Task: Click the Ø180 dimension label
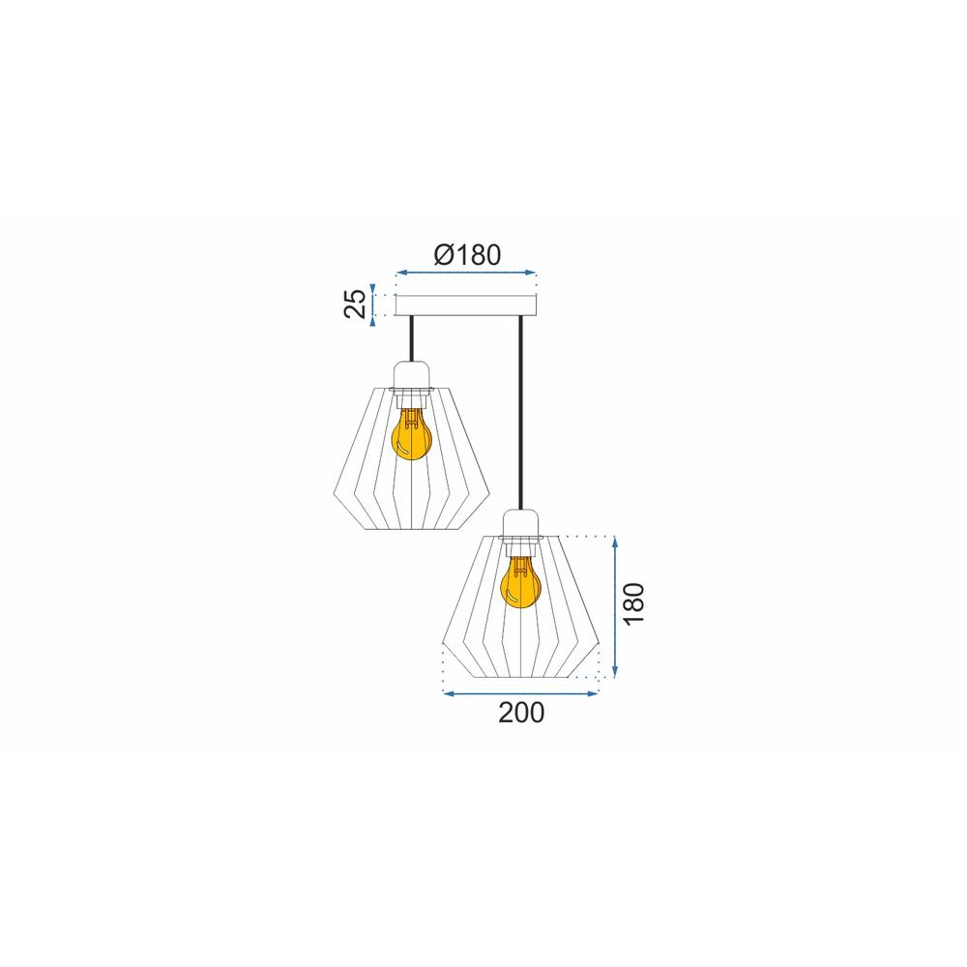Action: tap(467, 254)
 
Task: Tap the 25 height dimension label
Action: tap(355, 304)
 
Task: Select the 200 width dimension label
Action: tap(521, 713)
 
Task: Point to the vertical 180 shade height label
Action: tap(634, 603)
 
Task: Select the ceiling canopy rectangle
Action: tap(466, 306)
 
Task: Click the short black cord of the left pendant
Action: tap(412, 338)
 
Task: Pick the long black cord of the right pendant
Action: tap(521, 413)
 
